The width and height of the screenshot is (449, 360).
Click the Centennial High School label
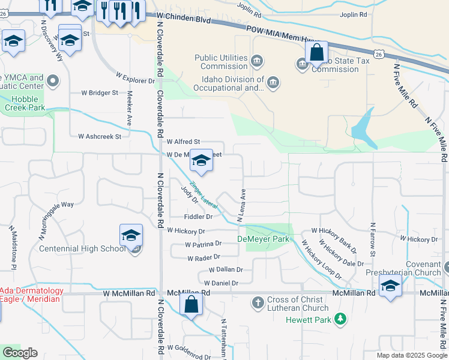[x=82, y=248]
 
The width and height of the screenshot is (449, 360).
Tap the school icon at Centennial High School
[x=131, y=236]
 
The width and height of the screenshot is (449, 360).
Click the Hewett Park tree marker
[x=340, y=317]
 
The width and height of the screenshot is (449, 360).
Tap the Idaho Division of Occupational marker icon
[x=273, y=82]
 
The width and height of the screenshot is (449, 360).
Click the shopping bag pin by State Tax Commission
[x=316, y=53]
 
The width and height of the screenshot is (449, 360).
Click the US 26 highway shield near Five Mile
[x=378, y=54]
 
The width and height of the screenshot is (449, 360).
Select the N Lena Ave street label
[x=242, y=206]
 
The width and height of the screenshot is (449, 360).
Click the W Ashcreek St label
[x=100, y=136]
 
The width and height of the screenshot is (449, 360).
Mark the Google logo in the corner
[x=20, y=353]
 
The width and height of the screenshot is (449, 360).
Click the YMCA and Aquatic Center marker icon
[x=53, y=80]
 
